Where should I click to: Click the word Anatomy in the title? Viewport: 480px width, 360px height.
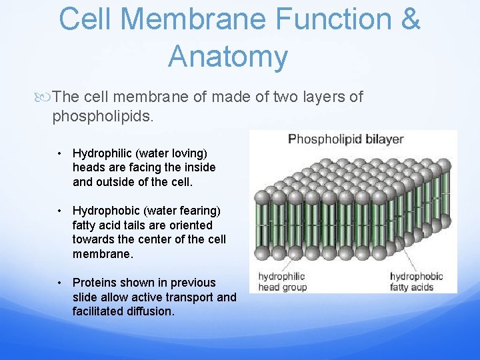pyautogui.click(x=228, y=57)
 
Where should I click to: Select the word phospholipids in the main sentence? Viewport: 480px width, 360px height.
pyautogui.click(x=103, y=117)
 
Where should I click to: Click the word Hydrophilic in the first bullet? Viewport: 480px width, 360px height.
pyautogui.click(x=101, y=153)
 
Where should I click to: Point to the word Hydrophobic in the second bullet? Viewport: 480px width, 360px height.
pyautogui.click(x=105, y=211)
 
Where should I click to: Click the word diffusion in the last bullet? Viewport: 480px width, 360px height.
pyautogui.click(x=149, y=312)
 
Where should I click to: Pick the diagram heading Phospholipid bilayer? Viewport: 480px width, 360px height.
pyautogui.click(x=345, y=139)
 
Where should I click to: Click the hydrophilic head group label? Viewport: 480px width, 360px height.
pyautogui.click(x=282, y=281)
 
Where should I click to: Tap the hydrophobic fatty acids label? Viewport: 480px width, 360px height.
pyautogui.click(x=417, y=281)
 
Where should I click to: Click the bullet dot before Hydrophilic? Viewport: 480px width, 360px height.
pyautogui.click(x=60, y=153)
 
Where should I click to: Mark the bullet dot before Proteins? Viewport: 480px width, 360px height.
pyautogui.click(x=60, y=283)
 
